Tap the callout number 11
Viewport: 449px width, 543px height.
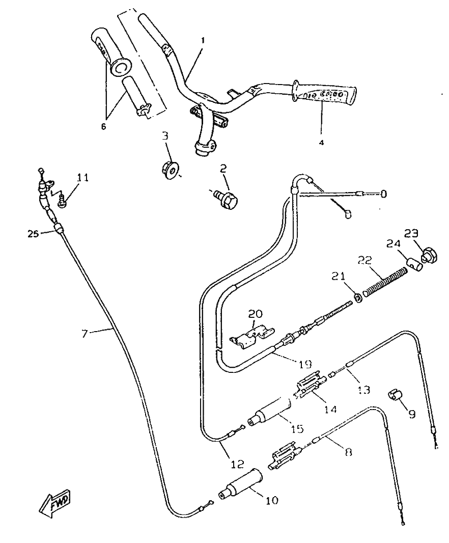tap(82, 178)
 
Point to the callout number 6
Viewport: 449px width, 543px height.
tap(103, 126)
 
